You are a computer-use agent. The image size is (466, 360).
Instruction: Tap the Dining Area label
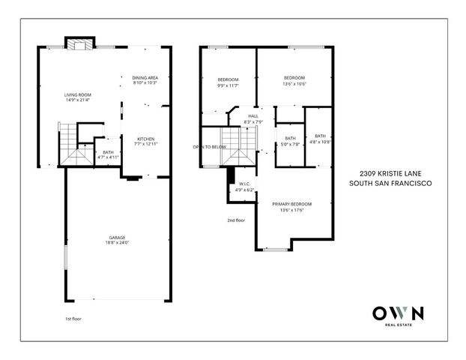pos(145,77)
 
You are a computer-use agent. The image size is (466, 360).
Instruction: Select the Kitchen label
pos(145,139)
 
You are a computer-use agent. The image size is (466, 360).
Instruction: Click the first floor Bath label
pos(109,153)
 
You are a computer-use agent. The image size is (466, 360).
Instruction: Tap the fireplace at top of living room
pos(77,43)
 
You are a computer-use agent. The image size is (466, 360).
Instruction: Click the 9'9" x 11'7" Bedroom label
pos(228,79)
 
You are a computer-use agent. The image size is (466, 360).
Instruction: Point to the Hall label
pos(253,116)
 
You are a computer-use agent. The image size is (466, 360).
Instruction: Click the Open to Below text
pos(210,147)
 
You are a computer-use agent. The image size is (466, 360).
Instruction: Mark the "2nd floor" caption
pos(236,220)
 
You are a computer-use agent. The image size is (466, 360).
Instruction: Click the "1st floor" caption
pos(72,319)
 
